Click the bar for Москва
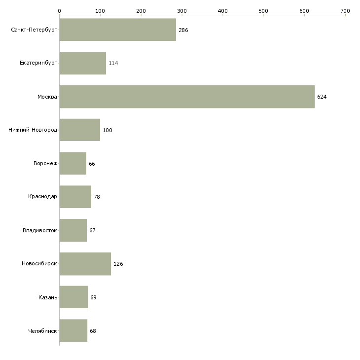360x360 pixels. [187, 97]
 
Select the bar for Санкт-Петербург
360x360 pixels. [117, 30]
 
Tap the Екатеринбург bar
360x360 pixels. [82, 63]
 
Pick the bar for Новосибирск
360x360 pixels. [85, 264]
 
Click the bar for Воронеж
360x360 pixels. [72, 164]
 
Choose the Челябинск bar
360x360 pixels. [73, 330]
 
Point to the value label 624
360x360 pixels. [322, 97]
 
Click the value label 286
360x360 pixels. [183, 30]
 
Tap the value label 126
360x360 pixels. [118, 264]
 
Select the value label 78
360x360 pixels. [97, 197]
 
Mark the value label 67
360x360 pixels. [92, 230]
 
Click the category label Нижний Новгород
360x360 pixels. [33, 130]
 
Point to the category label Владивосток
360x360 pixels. [39, 230]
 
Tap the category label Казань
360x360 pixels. [47, 297]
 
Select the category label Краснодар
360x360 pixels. [42, 197]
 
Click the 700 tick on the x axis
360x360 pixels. [345, 10]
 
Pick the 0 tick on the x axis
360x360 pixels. [59, 10]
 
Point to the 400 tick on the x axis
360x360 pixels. [222, 10]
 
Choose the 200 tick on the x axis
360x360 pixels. [141, 10]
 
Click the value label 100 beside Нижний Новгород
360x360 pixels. [107, 130]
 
